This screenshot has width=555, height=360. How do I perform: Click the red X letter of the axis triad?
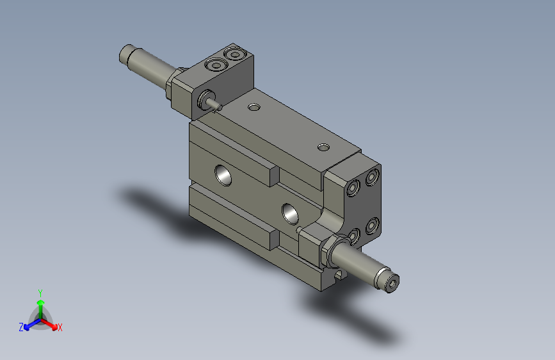60,327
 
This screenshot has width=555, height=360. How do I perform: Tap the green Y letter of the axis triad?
40,291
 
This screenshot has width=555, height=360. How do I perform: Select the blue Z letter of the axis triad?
21,327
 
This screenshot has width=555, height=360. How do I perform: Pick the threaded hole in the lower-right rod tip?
392,282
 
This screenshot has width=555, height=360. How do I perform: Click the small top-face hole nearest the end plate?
324,148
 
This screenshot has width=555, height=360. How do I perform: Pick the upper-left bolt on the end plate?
353,188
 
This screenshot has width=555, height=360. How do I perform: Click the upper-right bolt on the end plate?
371,176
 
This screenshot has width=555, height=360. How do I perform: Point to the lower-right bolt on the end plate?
371,225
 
